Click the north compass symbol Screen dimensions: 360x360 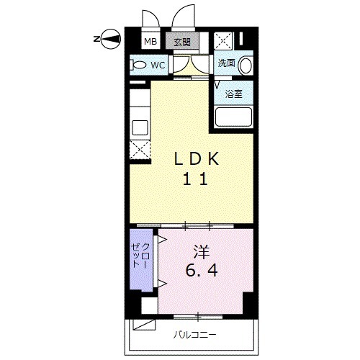[111, 39]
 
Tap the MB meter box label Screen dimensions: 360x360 [150, 42]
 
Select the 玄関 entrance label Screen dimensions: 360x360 [182, 42]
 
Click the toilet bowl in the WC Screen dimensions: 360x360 [138, 65]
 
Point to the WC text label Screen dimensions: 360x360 [158, 65]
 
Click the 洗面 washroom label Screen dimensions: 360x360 [226, 63]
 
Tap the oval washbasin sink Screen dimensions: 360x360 [246, 65]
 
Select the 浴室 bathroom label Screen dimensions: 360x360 [233, 94]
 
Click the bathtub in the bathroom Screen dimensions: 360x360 [233, 117]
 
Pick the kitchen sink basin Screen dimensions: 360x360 [140, 127]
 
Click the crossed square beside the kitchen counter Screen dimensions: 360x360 [140, 150]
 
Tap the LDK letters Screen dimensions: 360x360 [197, 158]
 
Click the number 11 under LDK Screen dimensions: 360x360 [195, 179]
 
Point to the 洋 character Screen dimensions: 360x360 [201, 252]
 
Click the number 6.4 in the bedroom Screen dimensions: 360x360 [202, 270]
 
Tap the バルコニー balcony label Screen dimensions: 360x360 [195, 334]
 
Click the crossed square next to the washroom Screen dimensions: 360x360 [223, 41]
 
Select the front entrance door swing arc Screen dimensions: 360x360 [179, 17]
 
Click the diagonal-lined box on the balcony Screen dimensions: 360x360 [144, 325]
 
